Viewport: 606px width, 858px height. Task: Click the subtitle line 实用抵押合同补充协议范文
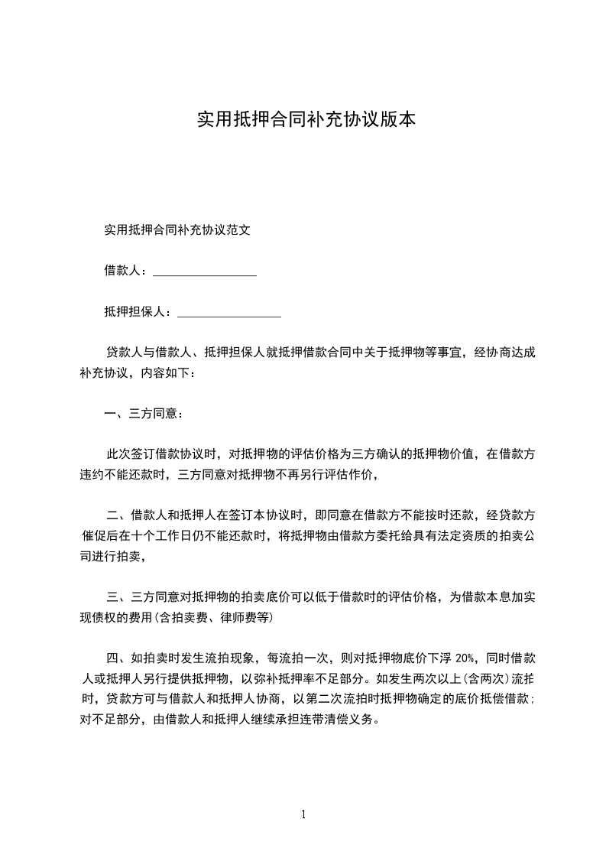[x=177, y=229]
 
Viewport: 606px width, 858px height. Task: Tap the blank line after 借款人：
[x=205, y=271]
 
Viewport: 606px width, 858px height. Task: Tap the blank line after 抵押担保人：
[x=228, y=312]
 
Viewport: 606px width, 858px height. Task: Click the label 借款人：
[x=128, y=271]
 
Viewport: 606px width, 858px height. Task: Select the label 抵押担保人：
[x=140, y=312]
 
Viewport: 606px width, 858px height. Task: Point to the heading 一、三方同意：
[x=144, y=414]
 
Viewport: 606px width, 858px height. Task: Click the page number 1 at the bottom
[x=303, y=814]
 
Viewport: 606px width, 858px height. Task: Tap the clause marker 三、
[x=118, y=597]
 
